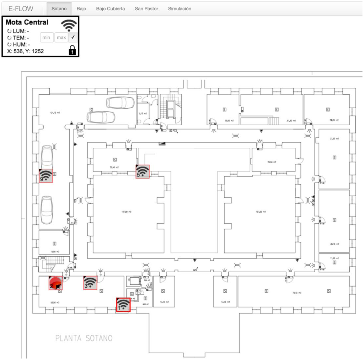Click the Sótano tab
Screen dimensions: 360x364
click(x=59, y=9)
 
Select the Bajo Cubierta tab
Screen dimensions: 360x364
click(x=111, y=9)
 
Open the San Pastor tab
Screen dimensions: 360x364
click(x=146, y=9)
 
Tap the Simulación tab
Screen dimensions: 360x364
click(x=180, y=9)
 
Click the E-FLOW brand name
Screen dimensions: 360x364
click(x=21, y=9)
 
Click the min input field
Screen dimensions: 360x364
click(x=47, y=37)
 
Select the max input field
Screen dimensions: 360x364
click(x=61, y=37)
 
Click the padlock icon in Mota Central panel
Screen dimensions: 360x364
click(x=73, y=50)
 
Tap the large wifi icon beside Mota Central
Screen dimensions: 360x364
click(x=69, y=25)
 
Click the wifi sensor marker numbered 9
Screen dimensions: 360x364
click(x=46, y=175)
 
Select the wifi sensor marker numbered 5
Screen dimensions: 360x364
click(x=143, y=171)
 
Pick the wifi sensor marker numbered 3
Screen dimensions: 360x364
click(x=90, y=283)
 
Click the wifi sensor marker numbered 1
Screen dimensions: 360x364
click(x=123, y=305)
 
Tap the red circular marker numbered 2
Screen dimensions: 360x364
click(x=55, y=283)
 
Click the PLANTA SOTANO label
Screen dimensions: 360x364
click(x=84, y=338)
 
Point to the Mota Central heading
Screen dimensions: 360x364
click(x=27, y=22)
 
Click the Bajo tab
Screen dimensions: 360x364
click(x=81, y=9)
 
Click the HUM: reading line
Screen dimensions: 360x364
click(x=19, y=44)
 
